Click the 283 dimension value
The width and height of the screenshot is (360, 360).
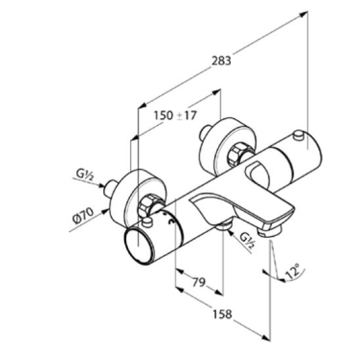[x=221, y=61]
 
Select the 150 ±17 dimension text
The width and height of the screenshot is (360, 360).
[x=175, y=115]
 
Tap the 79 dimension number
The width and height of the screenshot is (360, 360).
[x=199, y=282]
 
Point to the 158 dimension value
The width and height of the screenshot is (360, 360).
[x=222, y=314]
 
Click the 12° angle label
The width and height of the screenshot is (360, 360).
[x=293, y=271]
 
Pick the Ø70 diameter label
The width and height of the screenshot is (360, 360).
[x=83, y=215]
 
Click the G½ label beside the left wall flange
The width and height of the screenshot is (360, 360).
[x=85, y=175]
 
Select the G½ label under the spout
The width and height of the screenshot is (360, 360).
[x=247, y=240]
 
